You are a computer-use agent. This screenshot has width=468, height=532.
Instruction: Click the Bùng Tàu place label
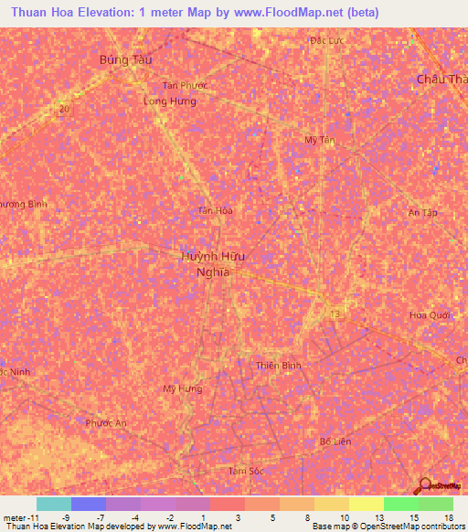pyautogui.click(x=125, y=59)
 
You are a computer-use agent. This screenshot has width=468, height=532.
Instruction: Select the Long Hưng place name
pyautogui.click(x=170, y=101)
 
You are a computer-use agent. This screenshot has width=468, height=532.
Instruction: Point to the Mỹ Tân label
pyautogui.click(x=320, y=139)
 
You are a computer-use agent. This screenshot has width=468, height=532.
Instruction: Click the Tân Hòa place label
pyautogui.click(x=217, y=210)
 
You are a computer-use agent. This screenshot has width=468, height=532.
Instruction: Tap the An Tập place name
pyautogui.click(x=423, y=212)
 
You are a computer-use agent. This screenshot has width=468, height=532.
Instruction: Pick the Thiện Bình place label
pyautogui.click(x=279, y=366)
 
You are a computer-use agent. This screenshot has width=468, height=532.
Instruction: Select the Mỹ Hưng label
pyautogui.click(x=181, y=388)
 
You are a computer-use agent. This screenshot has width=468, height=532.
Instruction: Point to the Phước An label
pyautogui.click(x=106, y=423)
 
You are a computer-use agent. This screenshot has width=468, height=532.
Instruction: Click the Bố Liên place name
pyautogui.click(x=335, y=441)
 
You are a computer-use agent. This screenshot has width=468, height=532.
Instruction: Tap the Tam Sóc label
pyautogui.click(x=245, y=471)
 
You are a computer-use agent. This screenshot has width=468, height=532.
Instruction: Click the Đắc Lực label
pyautogui.click(x=324, y=41)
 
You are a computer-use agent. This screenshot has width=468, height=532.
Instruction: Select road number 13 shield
pyautogui.click(x=335, y=314)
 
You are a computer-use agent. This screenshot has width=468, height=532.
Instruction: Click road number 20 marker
pyautogui.click(x=63, y=109)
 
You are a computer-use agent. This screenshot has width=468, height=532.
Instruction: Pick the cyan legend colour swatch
pyautogui.click(x=54, y=504)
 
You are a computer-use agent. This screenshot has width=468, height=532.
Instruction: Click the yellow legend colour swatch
pyautogui.click(x=367, y=504)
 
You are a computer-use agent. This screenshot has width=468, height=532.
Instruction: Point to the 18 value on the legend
pyautogui.click(x=448, y=517)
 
